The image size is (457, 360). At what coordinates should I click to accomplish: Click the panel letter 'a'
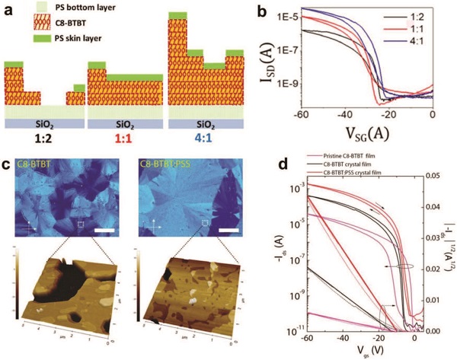[x=8, y=8]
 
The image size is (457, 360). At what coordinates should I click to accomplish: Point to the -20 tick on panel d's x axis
[x=379, y=339]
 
